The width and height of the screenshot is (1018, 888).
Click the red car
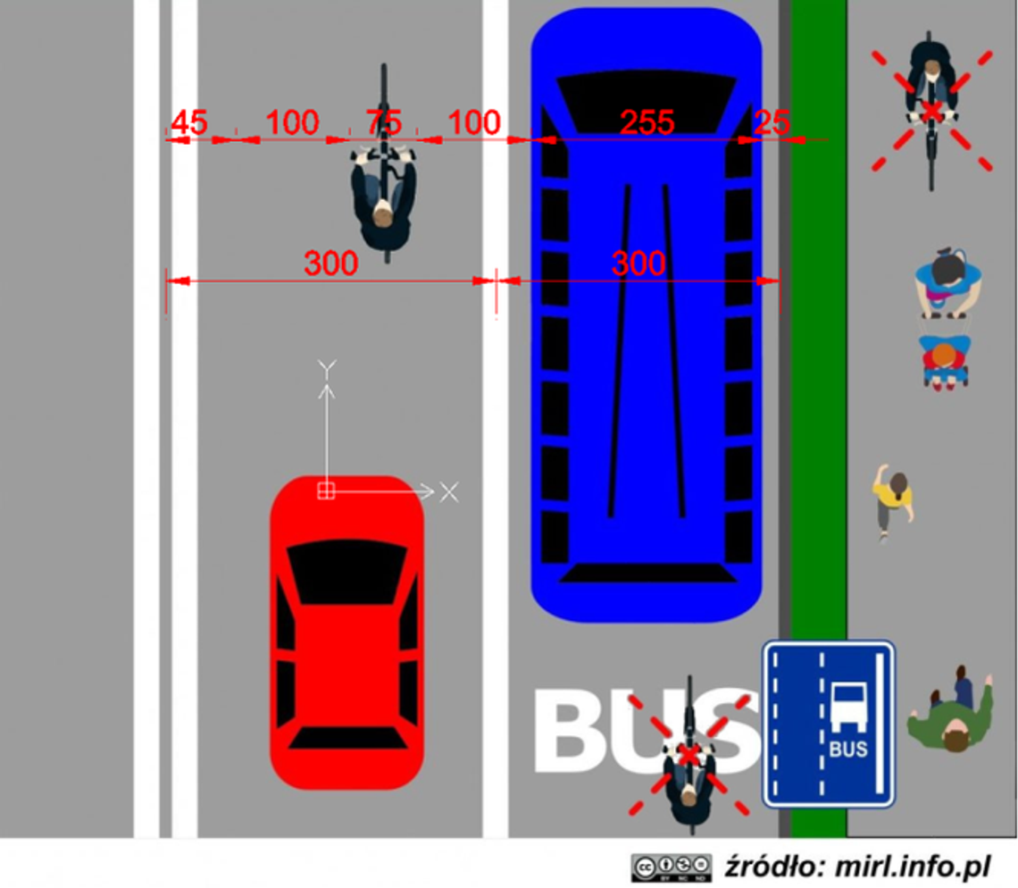coord(346,634)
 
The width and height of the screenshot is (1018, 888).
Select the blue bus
coord(646,357)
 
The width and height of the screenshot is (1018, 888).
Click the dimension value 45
coord(188,123)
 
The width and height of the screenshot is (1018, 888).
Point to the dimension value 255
coord(647,123)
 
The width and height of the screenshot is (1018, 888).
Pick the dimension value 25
coord(772,123)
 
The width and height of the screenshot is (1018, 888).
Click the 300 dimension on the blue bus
coord(638,264)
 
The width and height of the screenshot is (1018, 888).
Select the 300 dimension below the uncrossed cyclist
coord(330,264)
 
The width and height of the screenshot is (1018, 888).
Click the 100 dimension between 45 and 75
coord(292,123)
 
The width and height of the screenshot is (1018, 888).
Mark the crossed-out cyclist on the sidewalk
coord(931,107)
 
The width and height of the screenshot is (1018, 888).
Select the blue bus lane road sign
coord(828,724)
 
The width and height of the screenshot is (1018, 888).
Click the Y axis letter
coord(327,367)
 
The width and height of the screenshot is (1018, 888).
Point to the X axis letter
coord(448,491)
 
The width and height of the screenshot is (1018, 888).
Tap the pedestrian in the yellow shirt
coord(894,500)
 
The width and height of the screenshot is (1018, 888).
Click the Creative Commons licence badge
coord(671,867)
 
